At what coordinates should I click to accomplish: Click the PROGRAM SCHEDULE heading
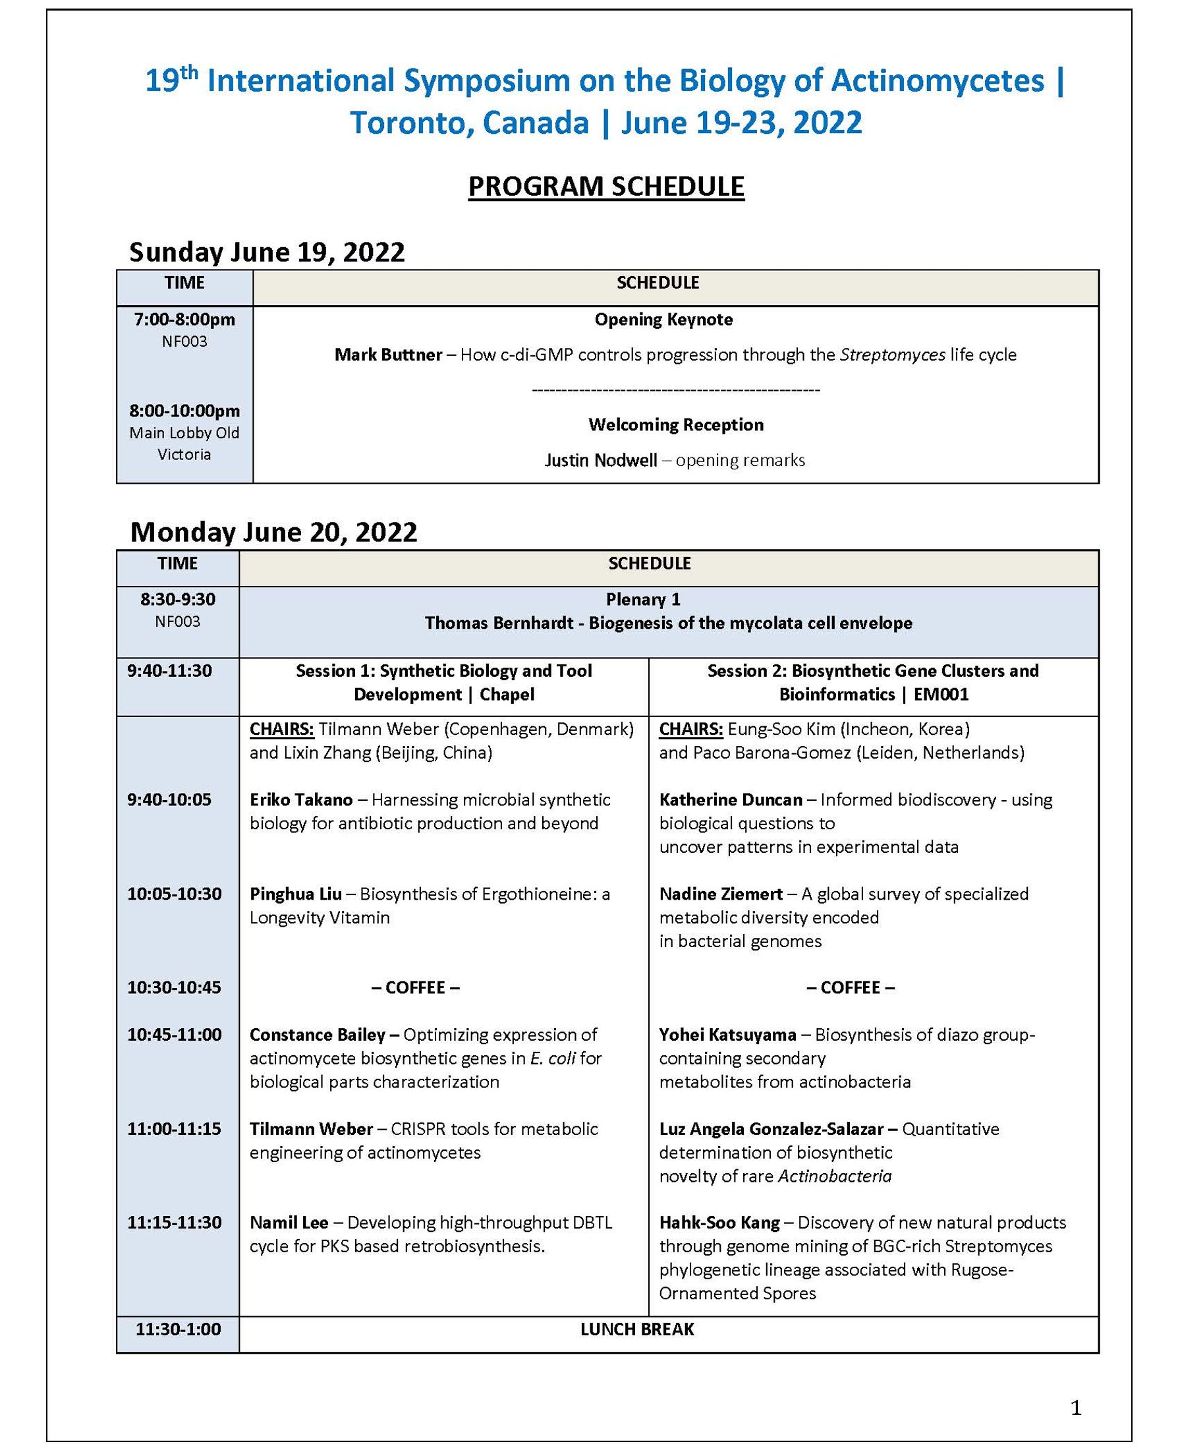pos(606,187)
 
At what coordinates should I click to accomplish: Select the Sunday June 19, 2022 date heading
pos(267,252)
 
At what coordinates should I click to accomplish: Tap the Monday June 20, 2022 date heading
pos(273,531)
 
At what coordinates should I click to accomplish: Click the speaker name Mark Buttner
pos(388,355)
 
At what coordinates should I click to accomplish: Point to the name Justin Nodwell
pos(601,460)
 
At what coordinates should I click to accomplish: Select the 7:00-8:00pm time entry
pos(184,319)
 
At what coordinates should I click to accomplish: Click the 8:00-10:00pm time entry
pos(184,411)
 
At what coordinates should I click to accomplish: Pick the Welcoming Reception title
pos(676,425)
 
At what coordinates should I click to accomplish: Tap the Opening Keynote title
pos(663,319)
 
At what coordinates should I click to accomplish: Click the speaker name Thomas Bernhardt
pos(499,623)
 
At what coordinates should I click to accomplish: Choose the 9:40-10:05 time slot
pos(169,799)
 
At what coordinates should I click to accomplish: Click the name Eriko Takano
pos(301,799)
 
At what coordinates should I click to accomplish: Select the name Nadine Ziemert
pos(721,894)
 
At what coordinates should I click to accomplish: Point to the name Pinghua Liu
pos(296,894)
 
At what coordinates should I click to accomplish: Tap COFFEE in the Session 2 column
pos(851,988)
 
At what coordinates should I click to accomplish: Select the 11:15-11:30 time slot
pos(175,1223)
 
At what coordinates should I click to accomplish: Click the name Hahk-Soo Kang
pos(719,1223)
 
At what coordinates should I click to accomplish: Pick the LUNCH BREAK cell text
pos(637,1329)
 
